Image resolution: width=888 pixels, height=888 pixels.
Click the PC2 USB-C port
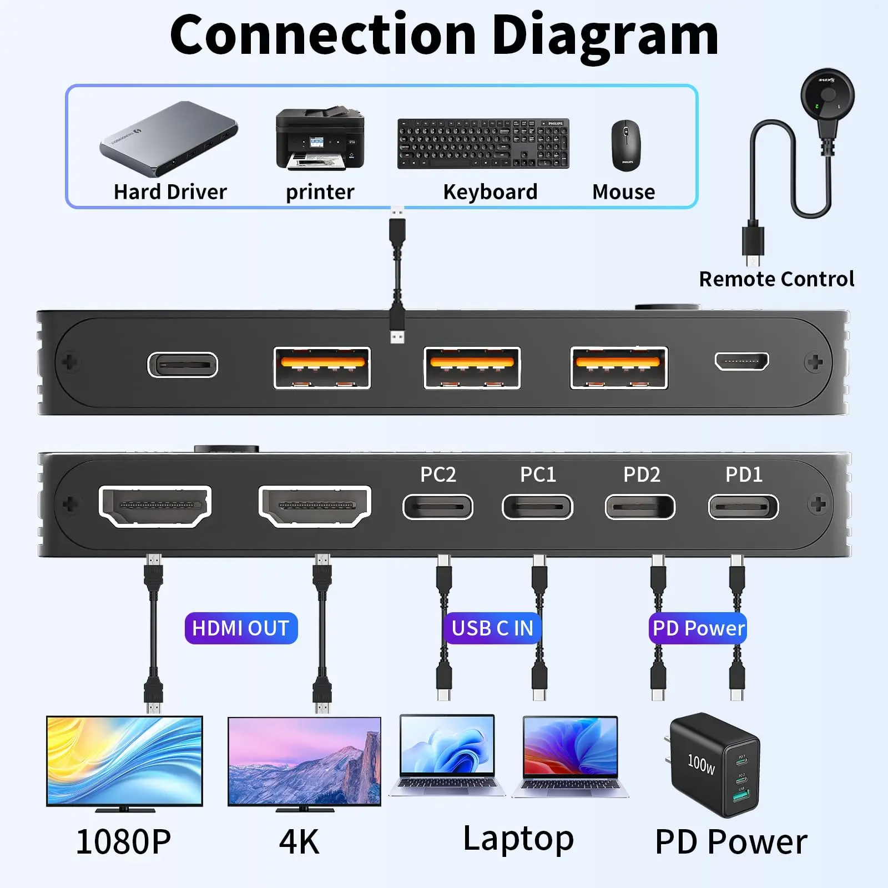pyautogui.click(x=438, y=507)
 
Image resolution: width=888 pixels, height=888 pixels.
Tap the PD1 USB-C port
pyautogui.click(x=743, y=507)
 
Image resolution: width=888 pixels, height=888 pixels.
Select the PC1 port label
pyautogui.click(x=538, y=475)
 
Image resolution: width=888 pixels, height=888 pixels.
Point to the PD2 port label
pyautogui.click(x=642, y=475)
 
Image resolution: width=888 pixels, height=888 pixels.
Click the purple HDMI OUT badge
pyautogui.click(x=241, y=628)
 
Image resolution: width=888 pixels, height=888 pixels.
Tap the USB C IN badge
pyautogui.click(x=492, y=628)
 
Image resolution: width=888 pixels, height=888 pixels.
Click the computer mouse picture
pyautogui.click(x=626, y=145)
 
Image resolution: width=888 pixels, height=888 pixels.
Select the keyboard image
pyautogui.click(x=483, y=143)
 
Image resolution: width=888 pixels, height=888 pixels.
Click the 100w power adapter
pyautogui.click(x=714, y=764)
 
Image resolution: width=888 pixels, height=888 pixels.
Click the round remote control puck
pyautogui.click(x=827, y=95)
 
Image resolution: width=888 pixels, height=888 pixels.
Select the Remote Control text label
pyautogui.click(x=776, y=279)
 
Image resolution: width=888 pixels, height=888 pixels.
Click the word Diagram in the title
pyautogui.click(x=605, y=36)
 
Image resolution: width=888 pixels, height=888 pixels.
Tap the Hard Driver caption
pyautogui.click(x=170, y=192)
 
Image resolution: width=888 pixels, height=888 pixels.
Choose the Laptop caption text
pyautogui.click(x=518, y=839)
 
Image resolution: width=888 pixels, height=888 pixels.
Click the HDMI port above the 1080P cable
pyautogui.click(x=155, y=506)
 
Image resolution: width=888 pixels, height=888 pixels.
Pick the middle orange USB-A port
pyautogui.click(x=472, y=368)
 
